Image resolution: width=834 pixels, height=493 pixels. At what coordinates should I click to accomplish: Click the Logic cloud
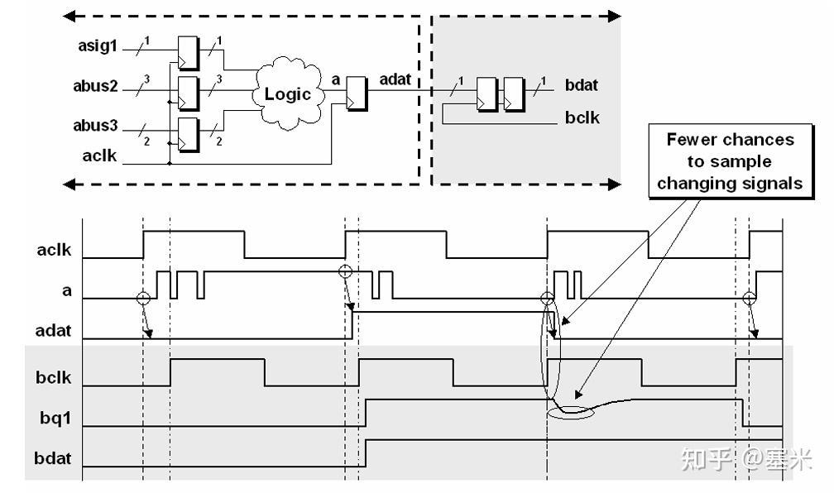click(x=289, y=93)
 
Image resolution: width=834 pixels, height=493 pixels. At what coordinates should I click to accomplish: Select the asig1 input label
click(x=98, y=45)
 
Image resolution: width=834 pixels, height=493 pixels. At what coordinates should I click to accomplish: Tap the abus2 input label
click(x=95, y=86)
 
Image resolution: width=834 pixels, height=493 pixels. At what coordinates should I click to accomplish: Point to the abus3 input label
click(x=95, y=126)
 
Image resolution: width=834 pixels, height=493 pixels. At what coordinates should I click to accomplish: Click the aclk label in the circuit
click(x=99, y=156)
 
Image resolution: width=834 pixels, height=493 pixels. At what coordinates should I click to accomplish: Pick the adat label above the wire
click(x=395, y=79)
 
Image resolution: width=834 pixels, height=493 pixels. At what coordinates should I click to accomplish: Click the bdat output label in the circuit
click(x=582, y=85)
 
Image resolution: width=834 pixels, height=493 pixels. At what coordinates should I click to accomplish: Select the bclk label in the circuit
click(x=582, y=117)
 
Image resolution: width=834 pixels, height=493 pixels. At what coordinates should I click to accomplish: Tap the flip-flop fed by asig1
click(x=189, y=53)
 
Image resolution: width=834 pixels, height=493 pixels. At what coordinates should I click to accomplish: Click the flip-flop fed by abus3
click(x=189, y=135)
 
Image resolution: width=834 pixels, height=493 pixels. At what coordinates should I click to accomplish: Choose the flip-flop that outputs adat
click(x=357, y=93)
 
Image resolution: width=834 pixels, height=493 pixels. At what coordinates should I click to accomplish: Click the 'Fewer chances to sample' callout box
click(x=731, y=161)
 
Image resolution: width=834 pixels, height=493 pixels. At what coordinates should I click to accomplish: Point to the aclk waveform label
click(x=54, y=250)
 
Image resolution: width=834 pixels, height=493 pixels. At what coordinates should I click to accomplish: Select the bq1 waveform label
click(x=55, y=418)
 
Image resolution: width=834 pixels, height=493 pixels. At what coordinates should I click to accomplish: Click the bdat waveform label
click(x=53, y=458)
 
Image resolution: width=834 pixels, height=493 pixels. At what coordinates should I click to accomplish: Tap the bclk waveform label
click(x=53, y=377)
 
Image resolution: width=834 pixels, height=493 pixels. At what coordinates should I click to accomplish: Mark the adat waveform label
click(x=53, y=330)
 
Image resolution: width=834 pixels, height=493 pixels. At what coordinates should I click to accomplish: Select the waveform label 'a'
click(x=66, y=290)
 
